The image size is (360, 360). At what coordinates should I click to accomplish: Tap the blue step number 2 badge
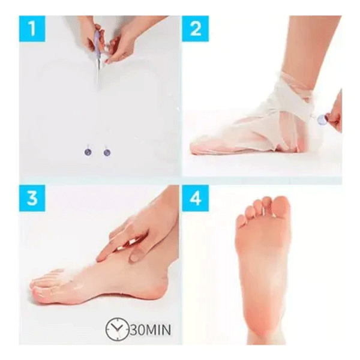click(x=196, y=29)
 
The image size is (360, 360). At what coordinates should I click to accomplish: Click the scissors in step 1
click(x=98, y=57)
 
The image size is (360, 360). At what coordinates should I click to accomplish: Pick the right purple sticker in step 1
click(x=107, y=152)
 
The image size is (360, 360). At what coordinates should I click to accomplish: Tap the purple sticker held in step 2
click(x=322, y=120)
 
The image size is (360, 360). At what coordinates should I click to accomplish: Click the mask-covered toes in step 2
click(x=204, y=144)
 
